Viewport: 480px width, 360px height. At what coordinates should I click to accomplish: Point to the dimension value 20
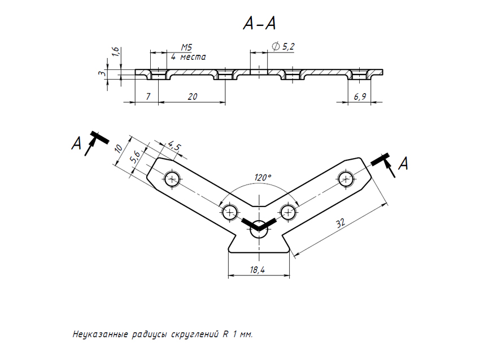pos(192,96)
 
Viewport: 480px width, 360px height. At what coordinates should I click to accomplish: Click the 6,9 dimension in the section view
pos(360,96)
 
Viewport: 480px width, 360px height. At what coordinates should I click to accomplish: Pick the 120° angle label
pos(262,177)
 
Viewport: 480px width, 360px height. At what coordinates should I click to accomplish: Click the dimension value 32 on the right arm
pos(340,223)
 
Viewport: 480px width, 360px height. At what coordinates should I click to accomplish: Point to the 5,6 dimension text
pos(136,156)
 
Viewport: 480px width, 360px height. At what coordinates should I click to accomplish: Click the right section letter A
pos(403,164)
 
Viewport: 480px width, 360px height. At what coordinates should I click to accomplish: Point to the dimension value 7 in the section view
pos(148,96)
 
